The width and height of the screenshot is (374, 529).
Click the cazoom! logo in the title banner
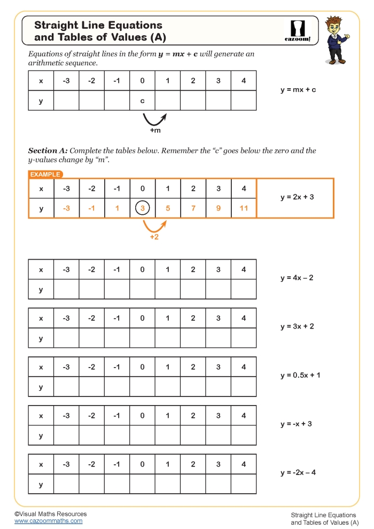[295, 31]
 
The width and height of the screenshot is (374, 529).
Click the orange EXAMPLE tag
[45, 174]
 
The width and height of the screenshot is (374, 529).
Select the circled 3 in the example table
[142, 208]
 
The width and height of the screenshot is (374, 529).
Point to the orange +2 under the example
[154, 237]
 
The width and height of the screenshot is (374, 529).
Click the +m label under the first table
[155, 130]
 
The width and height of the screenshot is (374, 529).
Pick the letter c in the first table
[142, 100]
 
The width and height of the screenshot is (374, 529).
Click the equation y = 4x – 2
[297, 278]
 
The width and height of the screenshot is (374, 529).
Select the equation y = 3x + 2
[297, 326]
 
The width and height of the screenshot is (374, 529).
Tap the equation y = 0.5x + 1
[300, 375]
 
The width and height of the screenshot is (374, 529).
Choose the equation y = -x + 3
[296, 424]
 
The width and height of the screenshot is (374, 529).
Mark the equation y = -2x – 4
[298, 472]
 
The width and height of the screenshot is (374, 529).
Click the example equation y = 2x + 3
[297, 197]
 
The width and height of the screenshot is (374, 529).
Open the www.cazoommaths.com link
[49, 521]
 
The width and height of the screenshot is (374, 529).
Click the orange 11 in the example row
[244, 208]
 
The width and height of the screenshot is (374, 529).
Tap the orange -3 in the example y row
[66, 208]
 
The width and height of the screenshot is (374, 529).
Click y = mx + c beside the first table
[298, 90]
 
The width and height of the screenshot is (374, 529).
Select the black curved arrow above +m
[154, 118]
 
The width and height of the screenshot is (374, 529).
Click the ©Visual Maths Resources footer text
[51, 514]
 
